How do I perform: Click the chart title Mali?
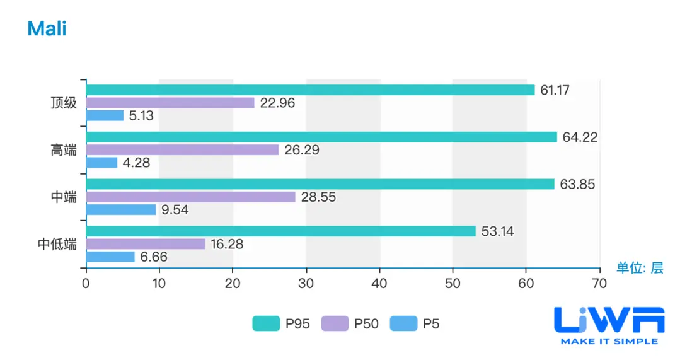(x=47, y=29)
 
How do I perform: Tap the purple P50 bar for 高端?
(x=182, y=150)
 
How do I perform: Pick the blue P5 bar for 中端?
(x=121, y=210)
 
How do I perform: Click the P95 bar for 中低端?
(x=280, y=231)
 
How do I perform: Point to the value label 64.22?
(x=580, y=137)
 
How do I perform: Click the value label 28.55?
(x=318, y=197)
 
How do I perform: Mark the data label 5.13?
(x=141, y=116)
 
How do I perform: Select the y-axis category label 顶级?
(x=64, y=103)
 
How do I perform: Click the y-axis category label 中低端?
(x=57, y=244)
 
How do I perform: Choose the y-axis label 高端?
(x=64, y=150)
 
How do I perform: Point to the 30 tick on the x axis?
(x=306, y=284)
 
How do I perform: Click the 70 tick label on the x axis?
(x=599, y=284)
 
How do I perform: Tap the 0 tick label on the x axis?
(x=86, y=284)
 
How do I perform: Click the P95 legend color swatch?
(x=266, y=324)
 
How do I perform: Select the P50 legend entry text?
(x=366, y=324)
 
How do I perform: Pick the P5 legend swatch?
(x=403, y=324)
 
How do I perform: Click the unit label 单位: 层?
(x=639, y=268)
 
